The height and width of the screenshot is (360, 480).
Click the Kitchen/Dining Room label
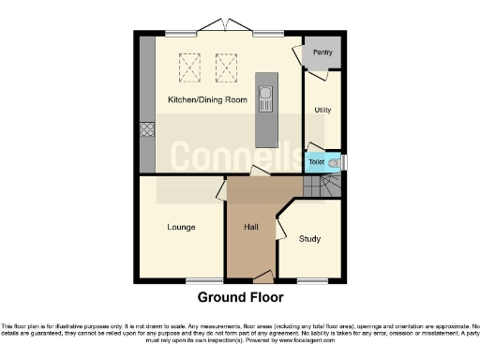207,99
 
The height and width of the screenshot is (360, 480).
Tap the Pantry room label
323,52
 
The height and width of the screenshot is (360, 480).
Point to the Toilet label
317,162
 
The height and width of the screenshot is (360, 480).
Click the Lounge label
181,227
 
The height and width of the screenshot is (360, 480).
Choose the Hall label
251,227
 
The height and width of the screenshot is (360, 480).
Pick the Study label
309,239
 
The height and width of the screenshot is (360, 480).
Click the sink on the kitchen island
267,95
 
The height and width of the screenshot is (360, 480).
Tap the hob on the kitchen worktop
147,130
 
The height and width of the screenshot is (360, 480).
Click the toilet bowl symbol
335,162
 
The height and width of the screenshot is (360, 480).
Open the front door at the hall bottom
262,277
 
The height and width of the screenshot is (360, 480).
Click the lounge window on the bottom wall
198,280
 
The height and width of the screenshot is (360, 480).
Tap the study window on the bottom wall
309,280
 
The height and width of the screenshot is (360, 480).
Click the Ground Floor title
239,298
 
